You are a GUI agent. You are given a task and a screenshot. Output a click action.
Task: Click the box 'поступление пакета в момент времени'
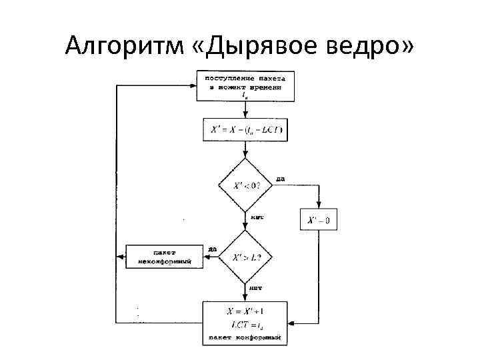point(245,85)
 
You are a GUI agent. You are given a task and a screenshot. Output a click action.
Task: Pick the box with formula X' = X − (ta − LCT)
point(245,130)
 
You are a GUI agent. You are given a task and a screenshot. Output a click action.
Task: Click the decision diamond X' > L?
point(245,257)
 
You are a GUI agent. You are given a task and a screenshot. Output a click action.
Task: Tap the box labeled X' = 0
point(319,219)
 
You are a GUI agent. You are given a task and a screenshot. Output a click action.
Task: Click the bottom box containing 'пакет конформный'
point(245,323)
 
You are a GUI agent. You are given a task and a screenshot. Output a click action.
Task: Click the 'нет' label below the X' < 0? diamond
point(258,217)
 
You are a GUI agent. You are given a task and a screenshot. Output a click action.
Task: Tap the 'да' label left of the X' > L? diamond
point(212,250)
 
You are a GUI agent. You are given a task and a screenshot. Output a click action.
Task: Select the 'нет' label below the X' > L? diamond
point(258,288)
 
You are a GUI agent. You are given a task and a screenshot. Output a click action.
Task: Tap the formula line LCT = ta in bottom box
point(245,325)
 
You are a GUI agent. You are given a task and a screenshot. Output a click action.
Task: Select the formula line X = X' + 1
point(245,311)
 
